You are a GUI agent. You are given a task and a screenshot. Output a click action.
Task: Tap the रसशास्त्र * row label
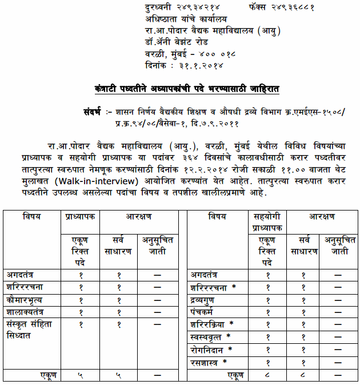[x=209, y=362]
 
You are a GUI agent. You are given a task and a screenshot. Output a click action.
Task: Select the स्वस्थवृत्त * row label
[x=211, y=336]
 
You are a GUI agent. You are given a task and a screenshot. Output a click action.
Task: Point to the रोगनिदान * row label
[x=211, y=349]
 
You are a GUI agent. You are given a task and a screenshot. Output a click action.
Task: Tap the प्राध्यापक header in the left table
[x=79, y=217]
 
